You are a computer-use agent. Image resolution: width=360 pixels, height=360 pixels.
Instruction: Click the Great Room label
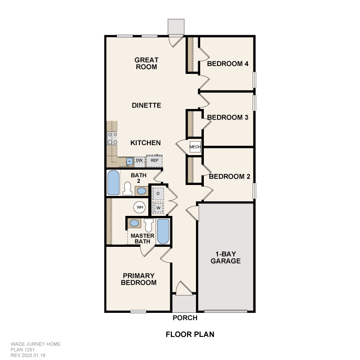click(147, 63)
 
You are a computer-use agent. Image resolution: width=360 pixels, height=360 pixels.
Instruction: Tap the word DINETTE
click(147, 105)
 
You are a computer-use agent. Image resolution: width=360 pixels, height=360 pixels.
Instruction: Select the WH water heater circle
click(140, 208)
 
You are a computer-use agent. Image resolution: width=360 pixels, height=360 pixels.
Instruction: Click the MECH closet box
click(195, 147)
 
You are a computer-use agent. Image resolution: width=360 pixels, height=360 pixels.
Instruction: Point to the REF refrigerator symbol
click(154, 161)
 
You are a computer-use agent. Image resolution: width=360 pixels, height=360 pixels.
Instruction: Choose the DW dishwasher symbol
click(139, 161)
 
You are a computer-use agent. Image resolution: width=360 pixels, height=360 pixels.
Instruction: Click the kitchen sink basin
click(130, 161)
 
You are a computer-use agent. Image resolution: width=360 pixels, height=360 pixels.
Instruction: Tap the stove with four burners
click(112, 138)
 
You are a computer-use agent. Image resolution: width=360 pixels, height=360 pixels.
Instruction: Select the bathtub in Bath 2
click(113, 183)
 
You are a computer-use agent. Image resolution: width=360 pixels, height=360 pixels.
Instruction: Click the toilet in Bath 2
click(127, 189)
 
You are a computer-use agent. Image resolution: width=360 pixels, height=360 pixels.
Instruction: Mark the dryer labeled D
click(158, 194)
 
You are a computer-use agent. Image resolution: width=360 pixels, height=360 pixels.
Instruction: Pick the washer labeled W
click(158, 208)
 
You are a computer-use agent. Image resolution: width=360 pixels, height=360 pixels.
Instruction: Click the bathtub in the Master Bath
click(163, 232)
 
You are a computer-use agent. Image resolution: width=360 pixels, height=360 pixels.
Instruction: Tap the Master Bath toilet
click(149, 225)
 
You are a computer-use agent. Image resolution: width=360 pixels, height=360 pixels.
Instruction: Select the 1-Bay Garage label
click(226, 257)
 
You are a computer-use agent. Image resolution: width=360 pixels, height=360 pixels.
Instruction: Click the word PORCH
click(185, 318)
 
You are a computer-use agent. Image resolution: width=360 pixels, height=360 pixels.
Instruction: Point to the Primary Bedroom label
click(139, 279)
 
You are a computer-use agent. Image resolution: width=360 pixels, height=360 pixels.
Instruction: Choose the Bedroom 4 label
click(228, 63)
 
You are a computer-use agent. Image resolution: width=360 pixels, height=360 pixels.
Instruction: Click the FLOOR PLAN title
click(190, 334)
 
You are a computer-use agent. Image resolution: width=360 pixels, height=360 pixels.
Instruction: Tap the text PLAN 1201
click(23, 350)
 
